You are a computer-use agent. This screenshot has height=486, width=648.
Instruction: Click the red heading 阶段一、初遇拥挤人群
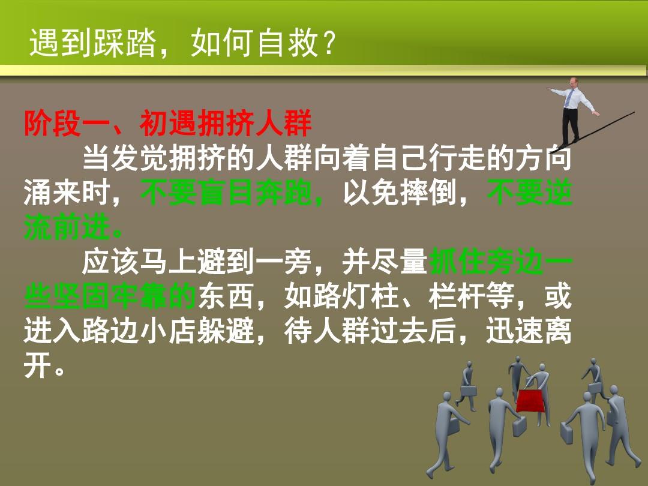(168, 123)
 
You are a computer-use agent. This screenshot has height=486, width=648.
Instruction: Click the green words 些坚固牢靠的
(110, 296)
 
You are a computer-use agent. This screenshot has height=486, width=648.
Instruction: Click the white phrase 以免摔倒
(399, 193)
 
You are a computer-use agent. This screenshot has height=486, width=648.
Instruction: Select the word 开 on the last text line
(38, 365)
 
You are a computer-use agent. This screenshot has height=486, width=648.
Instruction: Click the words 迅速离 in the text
(529, 331)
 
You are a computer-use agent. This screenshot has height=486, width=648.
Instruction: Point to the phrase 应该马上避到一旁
(196, 262)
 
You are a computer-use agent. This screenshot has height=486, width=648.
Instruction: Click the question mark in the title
(329, 43)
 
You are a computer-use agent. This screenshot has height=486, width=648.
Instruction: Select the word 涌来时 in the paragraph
(67, 193)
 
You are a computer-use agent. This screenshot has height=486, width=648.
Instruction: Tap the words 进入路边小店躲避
(139, 331)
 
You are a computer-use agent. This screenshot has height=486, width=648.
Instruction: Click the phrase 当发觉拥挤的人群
(196, 158)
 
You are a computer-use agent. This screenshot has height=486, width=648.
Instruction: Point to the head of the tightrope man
(573, 82)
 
